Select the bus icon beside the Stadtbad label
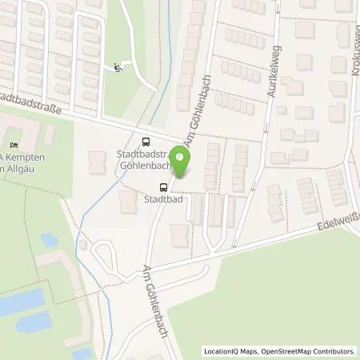pos(163,189)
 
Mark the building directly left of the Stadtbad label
pos(128,201)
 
